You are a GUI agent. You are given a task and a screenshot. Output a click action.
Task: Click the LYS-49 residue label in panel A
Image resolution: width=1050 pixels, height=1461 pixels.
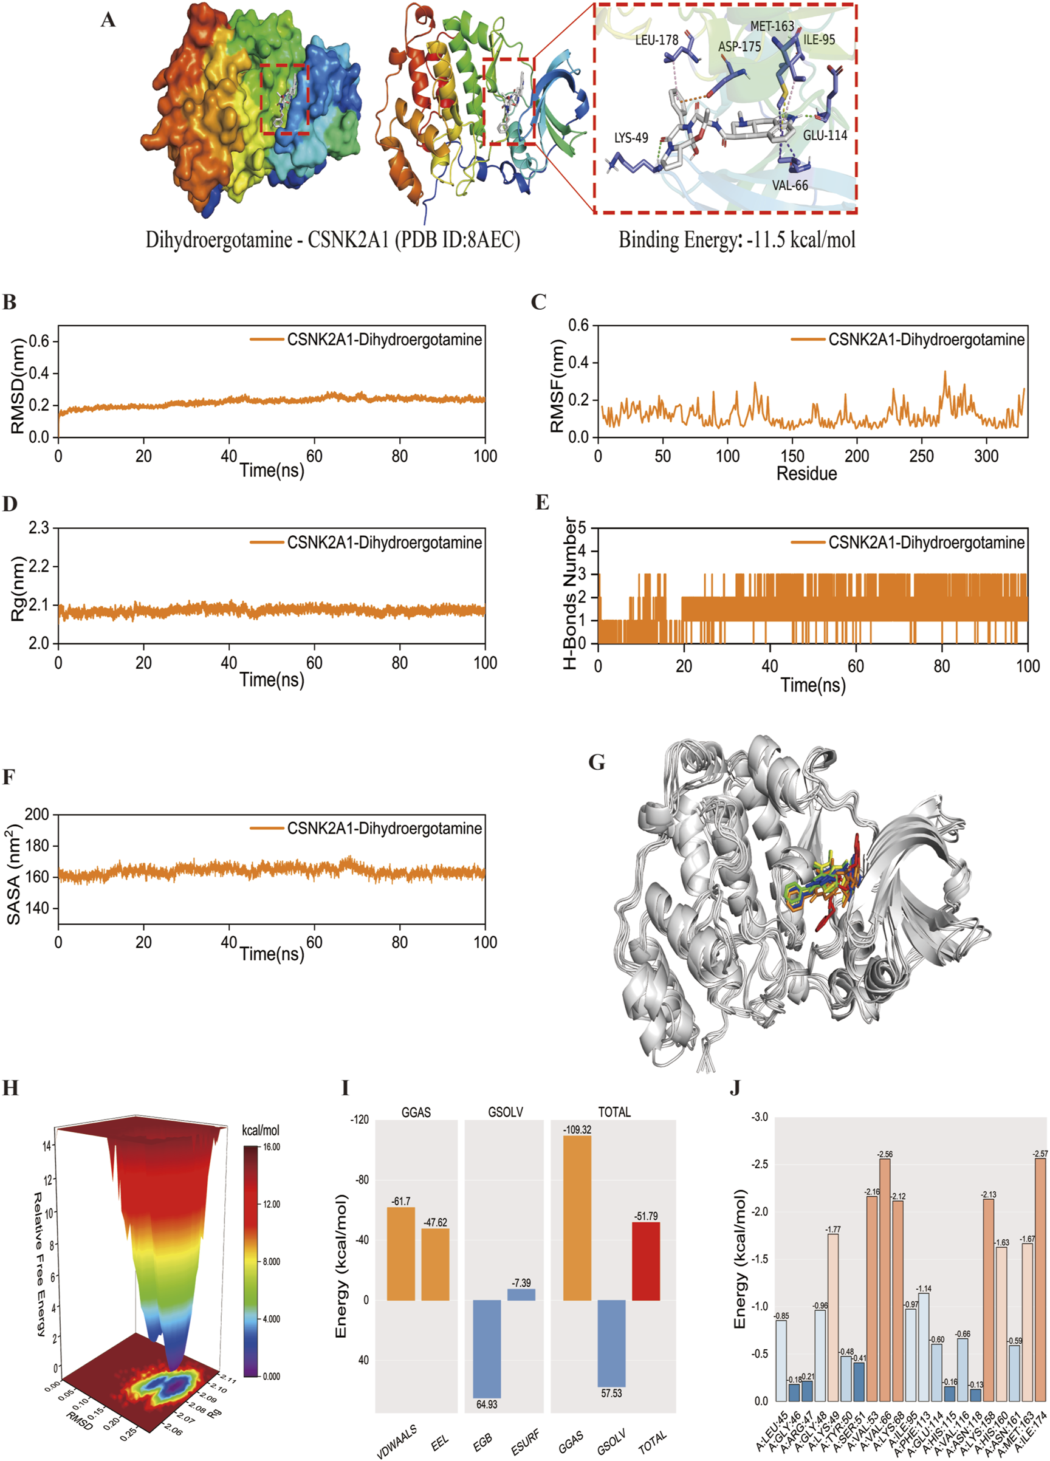(631, 138)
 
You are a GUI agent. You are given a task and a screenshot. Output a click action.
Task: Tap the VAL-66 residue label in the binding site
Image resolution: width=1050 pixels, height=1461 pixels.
(790, 185)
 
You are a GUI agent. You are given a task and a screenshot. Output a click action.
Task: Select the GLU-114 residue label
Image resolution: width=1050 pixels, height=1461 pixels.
(825, 135)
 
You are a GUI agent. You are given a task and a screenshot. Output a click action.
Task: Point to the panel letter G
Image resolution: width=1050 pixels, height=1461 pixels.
(597, 763)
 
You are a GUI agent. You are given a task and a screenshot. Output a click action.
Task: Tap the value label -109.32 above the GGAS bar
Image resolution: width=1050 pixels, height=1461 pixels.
(577, 1130)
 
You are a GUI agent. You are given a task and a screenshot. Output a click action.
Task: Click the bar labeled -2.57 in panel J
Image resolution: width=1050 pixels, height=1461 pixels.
(1040, 1279)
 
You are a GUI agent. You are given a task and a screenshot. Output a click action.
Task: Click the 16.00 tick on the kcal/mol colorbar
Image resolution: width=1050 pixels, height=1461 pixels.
(271, 1147)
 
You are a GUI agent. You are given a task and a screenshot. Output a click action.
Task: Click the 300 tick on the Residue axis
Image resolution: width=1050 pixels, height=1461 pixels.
(986, 456)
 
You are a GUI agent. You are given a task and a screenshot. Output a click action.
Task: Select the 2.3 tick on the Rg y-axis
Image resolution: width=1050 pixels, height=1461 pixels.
(39, 529)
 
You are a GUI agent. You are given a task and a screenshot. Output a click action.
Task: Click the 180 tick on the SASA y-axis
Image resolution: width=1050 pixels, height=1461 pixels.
(36, 845)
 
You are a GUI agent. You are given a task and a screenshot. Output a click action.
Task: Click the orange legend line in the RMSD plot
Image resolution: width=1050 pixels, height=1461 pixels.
(267, 340)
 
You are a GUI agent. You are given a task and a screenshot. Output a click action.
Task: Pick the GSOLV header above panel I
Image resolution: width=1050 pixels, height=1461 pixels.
(505, 1112)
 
